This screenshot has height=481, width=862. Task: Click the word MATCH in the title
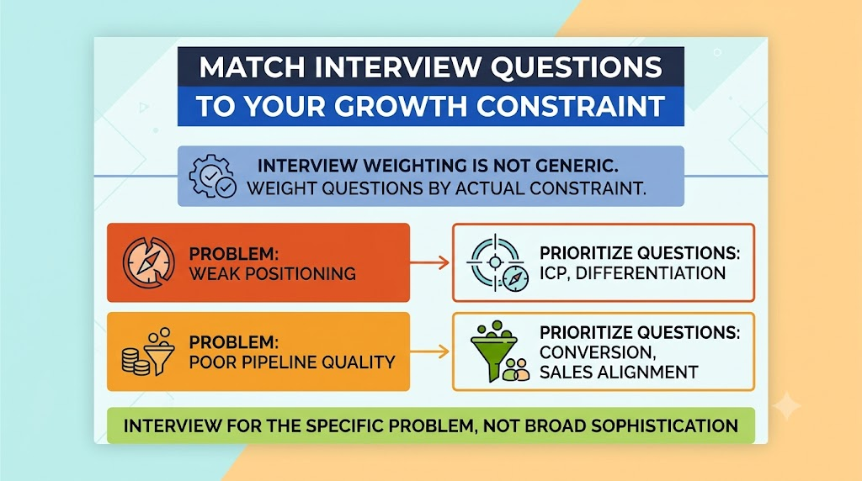pyautogui.click(x=252, y=67)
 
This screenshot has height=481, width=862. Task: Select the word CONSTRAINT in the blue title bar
pyautogui.click(x=571, y=106)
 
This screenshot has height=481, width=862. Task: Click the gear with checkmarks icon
pyautogui.click(x=212, y=176)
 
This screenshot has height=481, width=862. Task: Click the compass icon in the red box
pyautogui.click(x=148, y=262)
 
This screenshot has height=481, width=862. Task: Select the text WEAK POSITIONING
pyautogui.click(x=273, y=273)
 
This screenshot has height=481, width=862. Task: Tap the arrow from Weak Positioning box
pyautogui.click(x=430, y=262)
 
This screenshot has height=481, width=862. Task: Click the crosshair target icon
pyautogui.click(x=498, y=263)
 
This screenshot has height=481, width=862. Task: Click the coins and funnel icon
pyautogui.click(x=148, y=351)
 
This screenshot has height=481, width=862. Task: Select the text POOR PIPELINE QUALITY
pyautogui.click(x=292, y=362)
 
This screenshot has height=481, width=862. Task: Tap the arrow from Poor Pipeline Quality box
pyautogui.click(x=430, y=351)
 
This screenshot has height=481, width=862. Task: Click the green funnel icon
pyautogui.click(x=499, y=351)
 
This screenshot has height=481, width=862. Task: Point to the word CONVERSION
pyautogui.click(x=598, y=352)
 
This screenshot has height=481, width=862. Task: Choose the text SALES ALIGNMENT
pyautogui.click(x=619, y=373)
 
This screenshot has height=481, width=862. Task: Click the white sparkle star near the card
pyautogui.click(x=787, y=406)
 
